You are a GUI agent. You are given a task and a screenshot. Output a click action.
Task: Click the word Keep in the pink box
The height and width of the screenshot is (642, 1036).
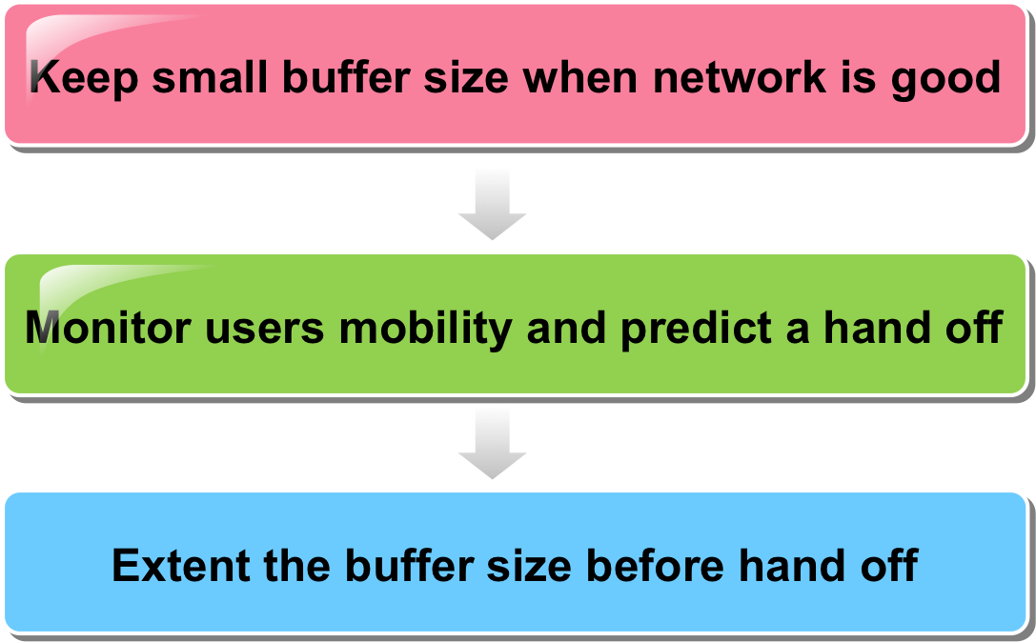pos(84,77)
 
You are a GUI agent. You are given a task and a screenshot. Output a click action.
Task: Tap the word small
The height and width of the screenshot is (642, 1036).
pos(210,76)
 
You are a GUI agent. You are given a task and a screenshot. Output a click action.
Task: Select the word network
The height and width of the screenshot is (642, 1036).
pos(740,76)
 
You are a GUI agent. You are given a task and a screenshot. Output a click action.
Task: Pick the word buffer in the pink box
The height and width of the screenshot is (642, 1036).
pos(346,76)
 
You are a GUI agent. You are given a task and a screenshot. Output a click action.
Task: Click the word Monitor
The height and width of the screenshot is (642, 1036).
pos(108,327)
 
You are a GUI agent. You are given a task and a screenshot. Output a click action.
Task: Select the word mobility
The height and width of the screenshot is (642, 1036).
pos(425,329)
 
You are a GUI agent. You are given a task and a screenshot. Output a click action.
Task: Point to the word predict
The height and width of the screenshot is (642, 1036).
pos(696,329)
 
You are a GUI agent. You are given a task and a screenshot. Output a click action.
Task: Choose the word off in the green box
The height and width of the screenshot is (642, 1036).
pos(974,327)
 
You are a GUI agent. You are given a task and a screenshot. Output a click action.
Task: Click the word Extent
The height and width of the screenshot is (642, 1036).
pos(180,565)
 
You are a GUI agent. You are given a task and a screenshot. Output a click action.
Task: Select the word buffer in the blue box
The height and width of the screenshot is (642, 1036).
pos(409,565)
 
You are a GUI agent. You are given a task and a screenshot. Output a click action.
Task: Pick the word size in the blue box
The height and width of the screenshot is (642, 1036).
pos(529,565)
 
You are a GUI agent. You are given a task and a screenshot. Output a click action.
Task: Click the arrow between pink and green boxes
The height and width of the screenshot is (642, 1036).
pos(492,205)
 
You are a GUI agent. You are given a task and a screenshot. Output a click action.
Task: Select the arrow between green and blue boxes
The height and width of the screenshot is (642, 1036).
pos(492,444)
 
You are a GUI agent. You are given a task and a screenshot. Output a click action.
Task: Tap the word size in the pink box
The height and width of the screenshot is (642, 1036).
pos(466,76)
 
